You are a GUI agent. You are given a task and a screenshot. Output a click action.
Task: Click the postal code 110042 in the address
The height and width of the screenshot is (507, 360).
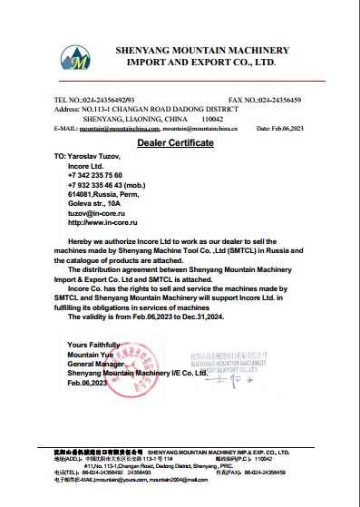(211, 119)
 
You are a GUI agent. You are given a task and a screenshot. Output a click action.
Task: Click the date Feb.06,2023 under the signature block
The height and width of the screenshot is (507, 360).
(88, 383)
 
